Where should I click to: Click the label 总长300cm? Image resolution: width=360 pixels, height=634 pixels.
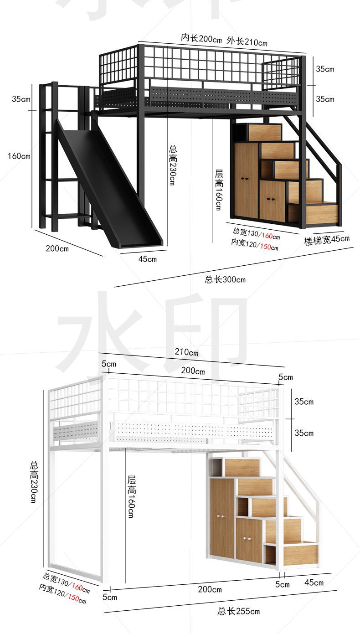(225, 279)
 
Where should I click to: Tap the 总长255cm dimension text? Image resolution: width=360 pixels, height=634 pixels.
(238, 611)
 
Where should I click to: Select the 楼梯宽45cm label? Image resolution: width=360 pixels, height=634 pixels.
(327, 239)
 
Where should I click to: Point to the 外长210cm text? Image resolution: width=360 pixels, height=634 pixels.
(247, 42)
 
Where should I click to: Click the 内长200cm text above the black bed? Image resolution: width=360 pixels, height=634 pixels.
(201, 38)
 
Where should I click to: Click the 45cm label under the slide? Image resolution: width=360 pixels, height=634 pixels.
(147, 259)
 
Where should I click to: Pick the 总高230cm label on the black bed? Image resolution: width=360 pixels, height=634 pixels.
(173, 165)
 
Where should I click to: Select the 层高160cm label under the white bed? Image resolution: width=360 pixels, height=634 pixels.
(131, 496)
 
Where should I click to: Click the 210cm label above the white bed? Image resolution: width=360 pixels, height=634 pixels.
(187, 352)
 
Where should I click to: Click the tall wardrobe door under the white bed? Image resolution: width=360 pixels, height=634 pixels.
(222, 517)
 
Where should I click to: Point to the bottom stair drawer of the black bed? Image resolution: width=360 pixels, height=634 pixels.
(322, 213)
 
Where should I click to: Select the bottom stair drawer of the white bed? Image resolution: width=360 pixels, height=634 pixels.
(299, 553)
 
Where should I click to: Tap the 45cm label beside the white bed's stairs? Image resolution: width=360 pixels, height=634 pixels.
(314, 582)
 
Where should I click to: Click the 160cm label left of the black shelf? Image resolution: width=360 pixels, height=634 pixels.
(19, 156)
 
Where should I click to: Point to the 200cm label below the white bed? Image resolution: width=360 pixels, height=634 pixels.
(210, 589)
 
